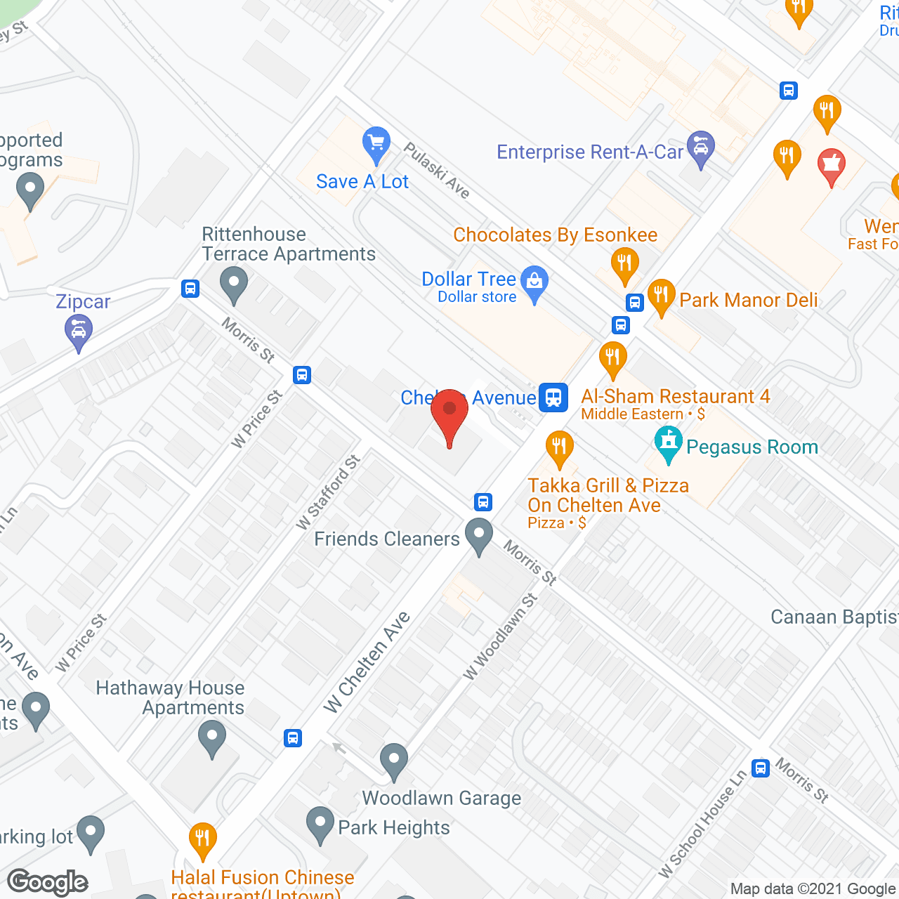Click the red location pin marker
(449, 414)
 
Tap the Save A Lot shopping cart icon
(376, 143)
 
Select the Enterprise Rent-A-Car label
(589, 152)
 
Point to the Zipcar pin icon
(78, 332)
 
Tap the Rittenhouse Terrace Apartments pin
(233, 285)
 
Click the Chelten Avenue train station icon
(553, 398)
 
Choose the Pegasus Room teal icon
(668, 443)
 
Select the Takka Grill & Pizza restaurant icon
(559, 447)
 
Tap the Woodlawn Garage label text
(441, 799)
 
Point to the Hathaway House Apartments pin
(211, 738)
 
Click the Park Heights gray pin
(320, 824)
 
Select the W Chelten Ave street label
(367, 662)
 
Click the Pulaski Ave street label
(437, 171)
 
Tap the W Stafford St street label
(328, 492)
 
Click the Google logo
(48, 882)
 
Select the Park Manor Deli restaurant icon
(661, 296)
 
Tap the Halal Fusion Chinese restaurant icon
(202, 839)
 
